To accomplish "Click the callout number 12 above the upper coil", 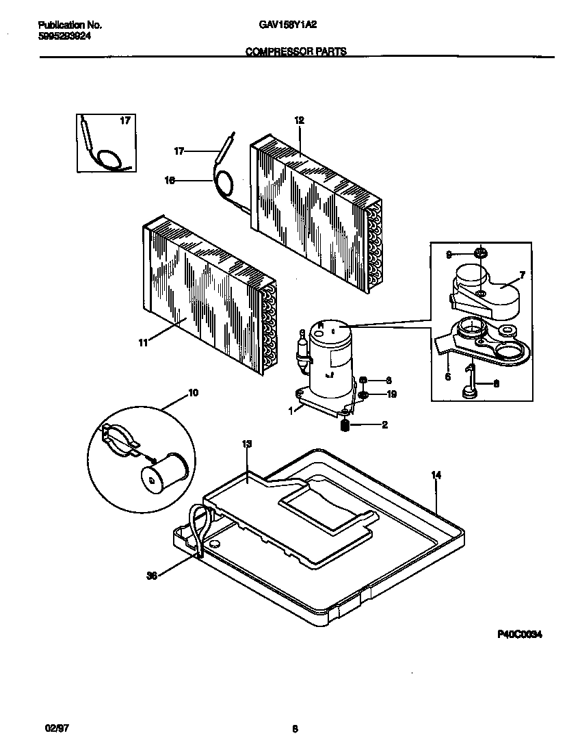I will click(x=299, y=120).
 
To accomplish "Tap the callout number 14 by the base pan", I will click(x=435, y=474).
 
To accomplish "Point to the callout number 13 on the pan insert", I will click(x=247, y=444).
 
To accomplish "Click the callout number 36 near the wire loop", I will click(x=152, y=576).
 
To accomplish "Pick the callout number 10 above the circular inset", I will click(x=193, y=393).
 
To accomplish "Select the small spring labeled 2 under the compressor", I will click(x=345, y=425).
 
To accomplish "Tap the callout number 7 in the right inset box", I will click(x=521, y=275).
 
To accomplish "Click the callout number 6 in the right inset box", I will click(x=448, y=376).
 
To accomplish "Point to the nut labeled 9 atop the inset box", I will click(x=481, y=255).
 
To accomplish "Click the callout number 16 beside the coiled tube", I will click(x=170, y=181).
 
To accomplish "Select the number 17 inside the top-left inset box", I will click(x=124, y=121).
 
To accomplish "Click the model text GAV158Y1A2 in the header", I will click(x=287, y=25).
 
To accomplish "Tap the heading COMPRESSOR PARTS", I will click(x=295, y=51).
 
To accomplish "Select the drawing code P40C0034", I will click(x=519, y=635).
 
